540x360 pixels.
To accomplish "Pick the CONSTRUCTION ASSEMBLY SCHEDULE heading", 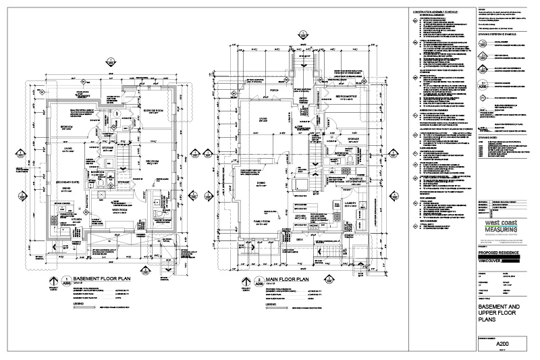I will pos(436,12).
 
